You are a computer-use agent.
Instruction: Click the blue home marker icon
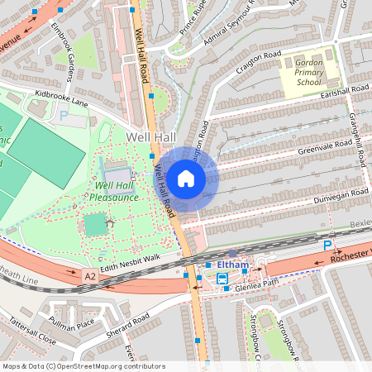(186, 178)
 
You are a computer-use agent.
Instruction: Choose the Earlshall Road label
(347, 89)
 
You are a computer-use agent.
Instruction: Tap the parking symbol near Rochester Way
(327, 246)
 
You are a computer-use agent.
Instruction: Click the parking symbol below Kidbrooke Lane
(64, 117)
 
